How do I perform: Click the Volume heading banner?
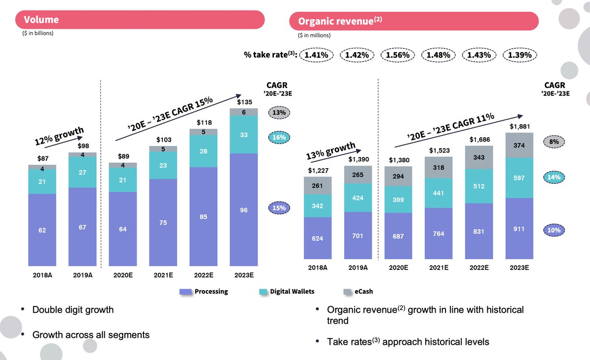click(x=140, y=20)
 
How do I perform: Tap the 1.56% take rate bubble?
click(x=398, y=55)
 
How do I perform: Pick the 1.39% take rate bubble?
click(x=520, y=55)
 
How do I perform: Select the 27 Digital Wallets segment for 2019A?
click(x=82, y=173)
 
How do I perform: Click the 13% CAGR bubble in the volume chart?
click(x=279, y=113)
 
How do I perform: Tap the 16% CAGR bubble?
click(x=279, y=138)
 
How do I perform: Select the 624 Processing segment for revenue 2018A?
click(x=318, y=239)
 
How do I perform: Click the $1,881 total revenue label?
click(x=519, y=126)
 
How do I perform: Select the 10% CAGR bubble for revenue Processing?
click(x=555, y=230)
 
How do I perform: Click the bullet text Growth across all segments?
click(x=91, y=335)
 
